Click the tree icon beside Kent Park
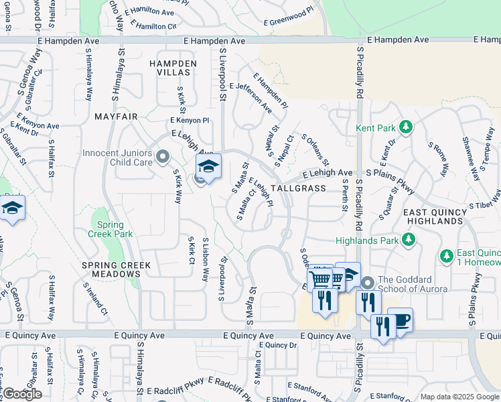405,127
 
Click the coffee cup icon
400,320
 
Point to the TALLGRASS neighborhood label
299,189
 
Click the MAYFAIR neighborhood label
116,117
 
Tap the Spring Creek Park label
110,229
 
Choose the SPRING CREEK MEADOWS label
117,270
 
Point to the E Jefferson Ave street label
250,98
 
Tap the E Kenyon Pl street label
190,121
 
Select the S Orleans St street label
315,149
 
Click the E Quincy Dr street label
277,345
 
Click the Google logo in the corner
22,394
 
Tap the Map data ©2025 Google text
460,397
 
